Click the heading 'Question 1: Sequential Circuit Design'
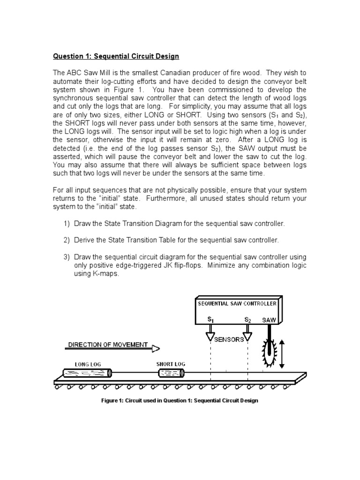tap(116, 56)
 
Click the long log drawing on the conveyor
tap(88, 373)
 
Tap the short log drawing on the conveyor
tap(171, 373)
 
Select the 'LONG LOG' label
tap(88, 364)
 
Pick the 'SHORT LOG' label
tap(171, 364)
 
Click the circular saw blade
tap(270, 355)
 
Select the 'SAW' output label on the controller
tap(269, 320)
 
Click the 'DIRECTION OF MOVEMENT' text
tap(108, 345)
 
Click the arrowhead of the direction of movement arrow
tap(156, 348)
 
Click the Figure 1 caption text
tap(180, 401)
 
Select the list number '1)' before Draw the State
tap(67, 223)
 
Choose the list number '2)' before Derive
tap(67, 240)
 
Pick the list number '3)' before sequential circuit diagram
tap(67, 257)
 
